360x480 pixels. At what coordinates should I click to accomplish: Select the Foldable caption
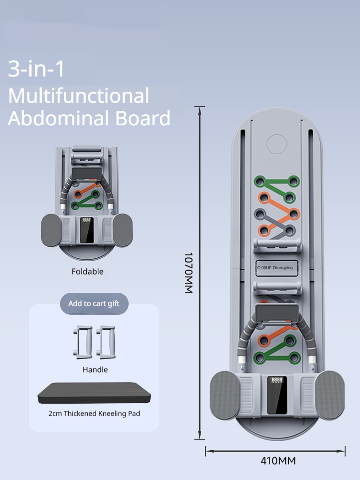(87, 271)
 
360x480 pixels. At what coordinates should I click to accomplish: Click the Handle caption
(95, 370)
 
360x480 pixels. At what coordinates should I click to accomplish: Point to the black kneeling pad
(94, 393)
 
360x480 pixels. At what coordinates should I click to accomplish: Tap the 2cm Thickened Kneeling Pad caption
(94, 413)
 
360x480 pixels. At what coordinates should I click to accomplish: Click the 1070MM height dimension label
(188, 273)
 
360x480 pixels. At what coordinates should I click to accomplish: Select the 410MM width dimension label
(278, 461)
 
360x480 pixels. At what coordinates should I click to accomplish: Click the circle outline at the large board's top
(276, 144)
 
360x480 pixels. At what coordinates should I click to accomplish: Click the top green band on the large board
(276, 182)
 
